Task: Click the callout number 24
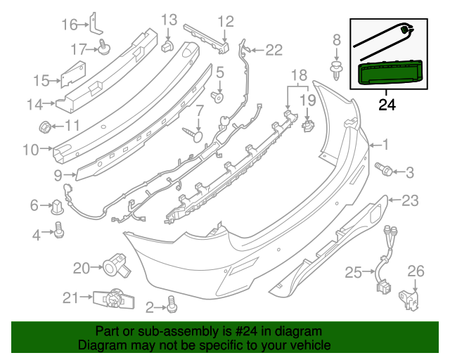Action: [387, 105]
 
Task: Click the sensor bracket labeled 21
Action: [110, 299]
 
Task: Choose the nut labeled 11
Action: [44, 127]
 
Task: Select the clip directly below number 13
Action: [169, 46]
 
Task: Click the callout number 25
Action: [353, 271]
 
